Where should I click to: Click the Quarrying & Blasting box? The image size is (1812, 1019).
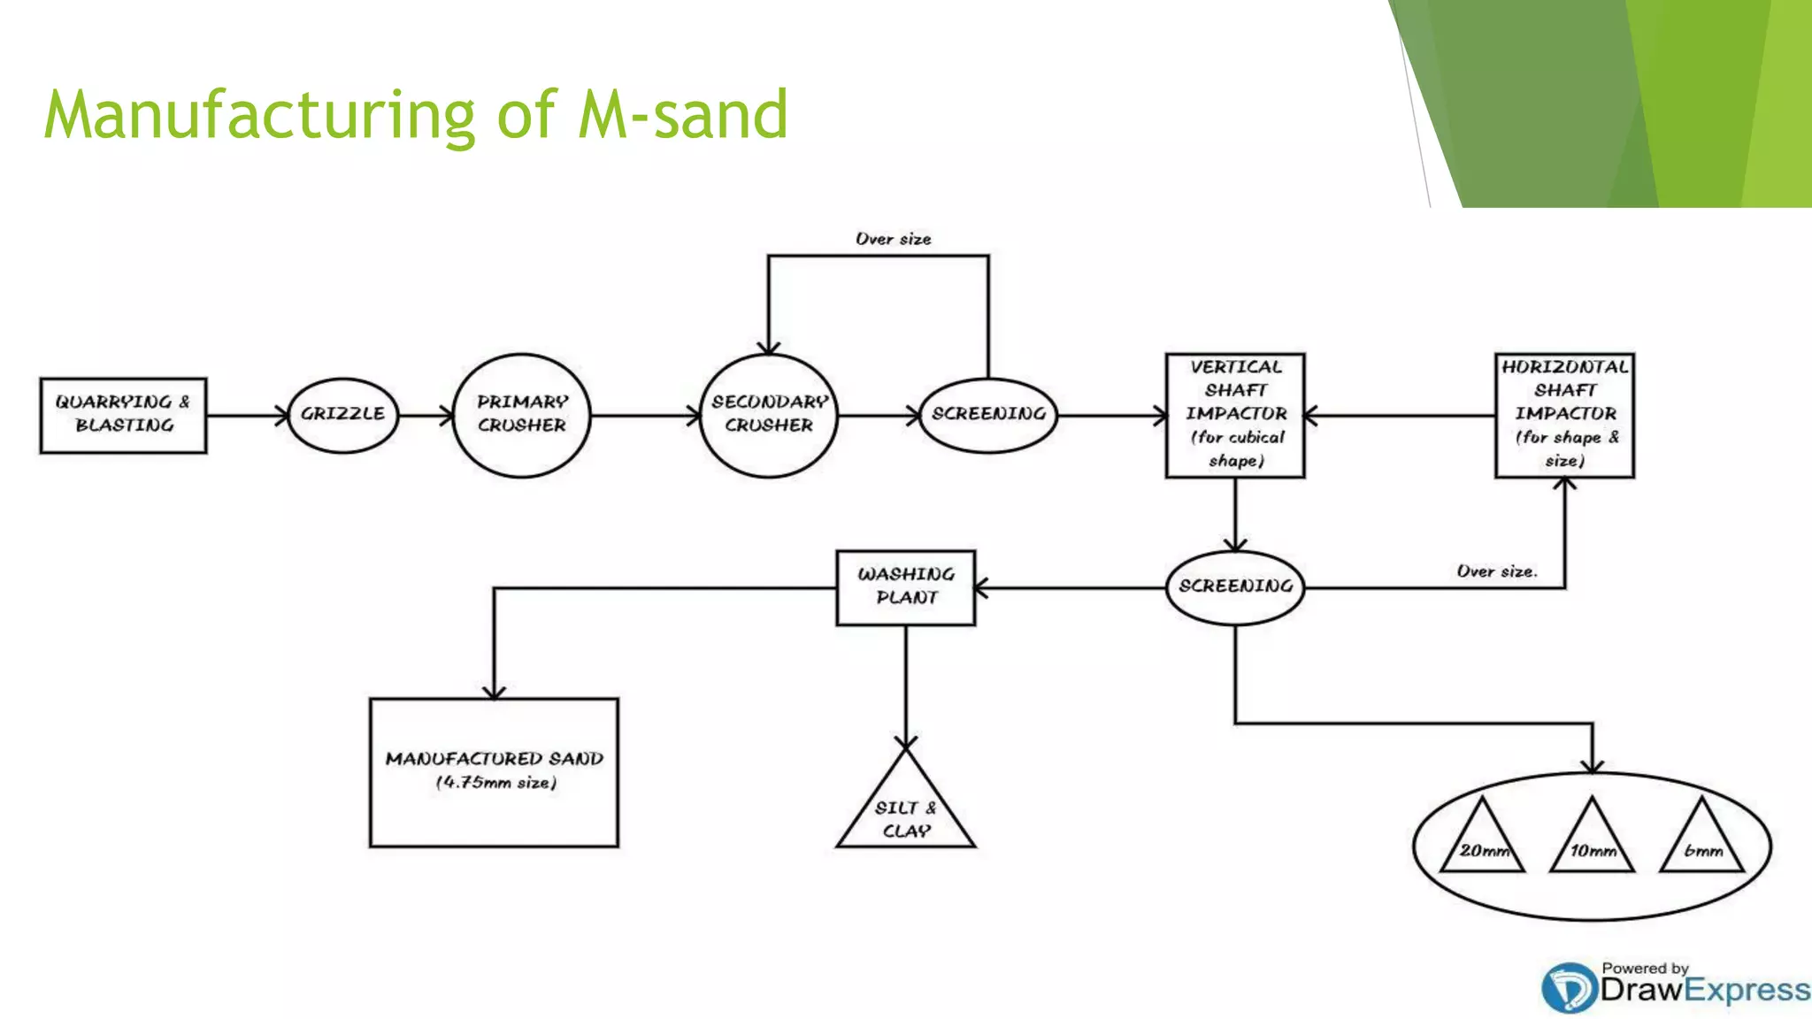click(x=123, y=415)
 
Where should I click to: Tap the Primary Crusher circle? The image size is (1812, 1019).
click(x=521, y=415)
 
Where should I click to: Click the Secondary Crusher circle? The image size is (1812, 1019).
click(x=768, y=415)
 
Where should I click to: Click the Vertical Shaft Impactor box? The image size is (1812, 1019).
click(x=1235, y=415)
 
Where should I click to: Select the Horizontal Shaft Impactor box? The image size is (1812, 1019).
click(x=1564, y=415)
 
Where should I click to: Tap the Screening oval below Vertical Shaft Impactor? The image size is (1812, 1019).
click(x=1235, y=586)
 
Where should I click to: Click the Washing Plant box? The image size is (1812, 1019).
click(x=905, y=587)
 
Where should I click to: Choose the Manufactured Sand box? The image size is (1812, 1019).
click(x=494, y=771)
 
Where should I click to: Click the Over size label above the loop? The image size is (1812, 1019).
click(x=893, y=239)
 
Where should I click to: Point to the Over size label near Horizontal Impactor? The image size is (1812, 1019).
click(x=1497, y=571)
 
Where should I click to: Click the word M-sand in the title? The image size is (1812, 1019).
click(x=683, y=115)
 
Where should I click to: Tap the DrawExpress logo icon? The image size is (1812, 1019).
click(x=1568, y=987)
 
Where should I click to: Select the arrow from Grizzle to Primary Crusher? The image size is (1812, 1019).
click(x=426, y=415)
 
